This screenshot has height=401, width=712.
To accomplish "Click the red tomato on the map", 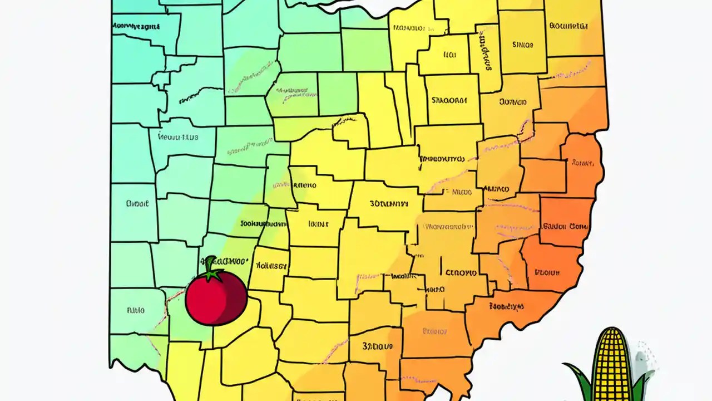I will tap(216, 298).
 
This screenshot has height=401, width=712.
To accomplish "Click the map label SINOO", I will tap(522, 45).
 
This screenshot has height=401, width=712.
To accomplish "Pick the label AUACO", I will tap(496, 189).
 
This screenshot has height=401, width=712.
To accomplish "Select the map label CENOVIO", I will tap(461, 273).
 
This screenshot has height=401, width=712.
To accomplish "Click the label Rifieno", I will tap(304, 185).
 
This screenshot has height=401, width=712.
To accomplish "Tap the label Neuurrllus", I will tap(178, 135).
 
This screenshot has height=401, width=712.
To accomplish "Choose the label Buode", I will tap(137, 204).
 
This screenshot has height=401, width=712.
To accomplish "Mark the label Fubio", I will tap(135, 310).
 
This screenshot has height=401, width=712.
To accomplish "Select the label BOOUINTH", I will tap(568, 25).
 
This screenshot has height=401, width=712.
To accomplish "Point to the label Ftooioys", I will tap(506, 306).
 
